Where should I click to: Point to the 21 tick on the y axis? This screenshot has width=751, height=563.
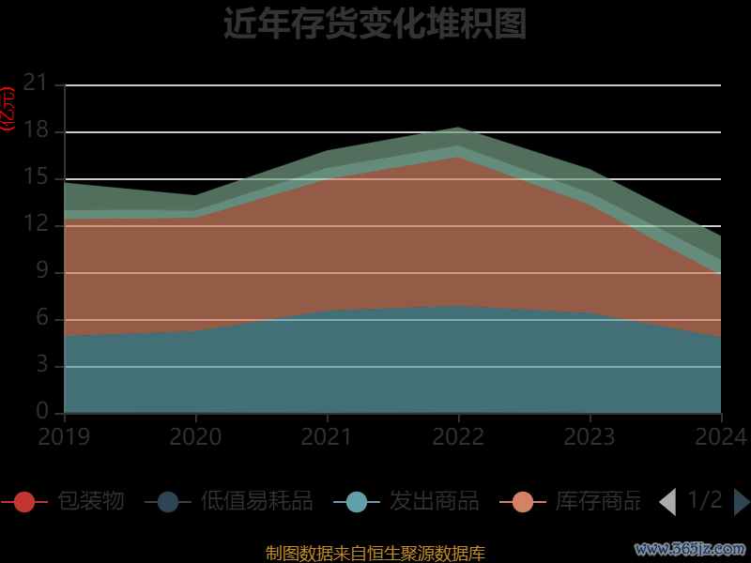[x=35, y=84]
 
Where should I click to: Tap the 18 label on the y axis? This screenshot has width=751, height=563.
[x=35, y=130]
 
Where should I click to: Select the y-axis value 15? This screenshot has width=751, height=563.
[x=35, y=177]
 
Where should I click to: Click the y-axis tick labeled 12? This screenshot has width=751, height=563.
[x=35, y=224]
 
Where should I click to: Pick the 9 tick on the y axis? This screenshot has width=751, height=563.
[x=41, y=271]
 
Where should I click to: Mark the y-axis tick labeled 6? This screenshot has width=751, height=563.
[x=41, y=318]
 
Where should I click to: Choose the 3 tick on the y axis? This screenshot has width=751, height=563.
[x=41, y=365]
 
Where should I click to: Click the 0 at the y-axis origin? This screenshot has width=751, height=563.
[x=41, y=412]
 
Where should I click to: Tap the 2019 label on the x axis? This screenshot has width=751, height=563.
[x=64, y=436]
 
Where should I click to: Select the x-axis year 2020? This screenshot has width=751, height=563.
[x=195, y=436]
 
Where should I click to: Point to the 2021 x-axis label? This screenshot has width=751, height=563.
[x=327, y=436]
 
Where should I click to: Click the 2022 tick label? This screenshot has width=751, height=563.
[x=458, y=436]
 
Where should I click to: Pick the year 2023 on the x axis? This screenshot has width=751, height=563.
[x=590, y=436]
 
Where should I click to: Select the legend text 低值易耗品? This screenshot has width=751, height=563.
[x=256, y=501]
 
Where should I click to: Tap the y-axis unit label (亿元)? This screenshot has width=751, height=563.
[x=8, y=108]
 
